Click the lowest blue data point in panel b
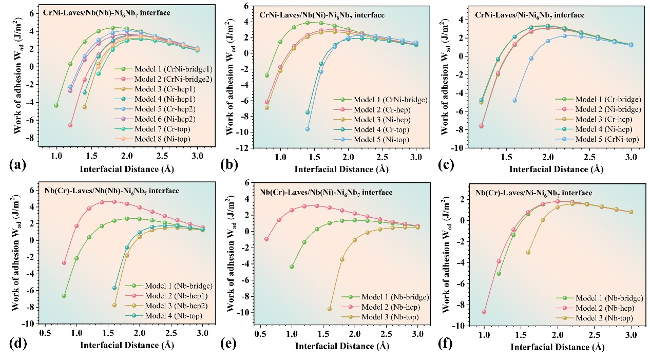pos(308,129)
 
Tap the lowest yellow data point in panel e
pos(330,309)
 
